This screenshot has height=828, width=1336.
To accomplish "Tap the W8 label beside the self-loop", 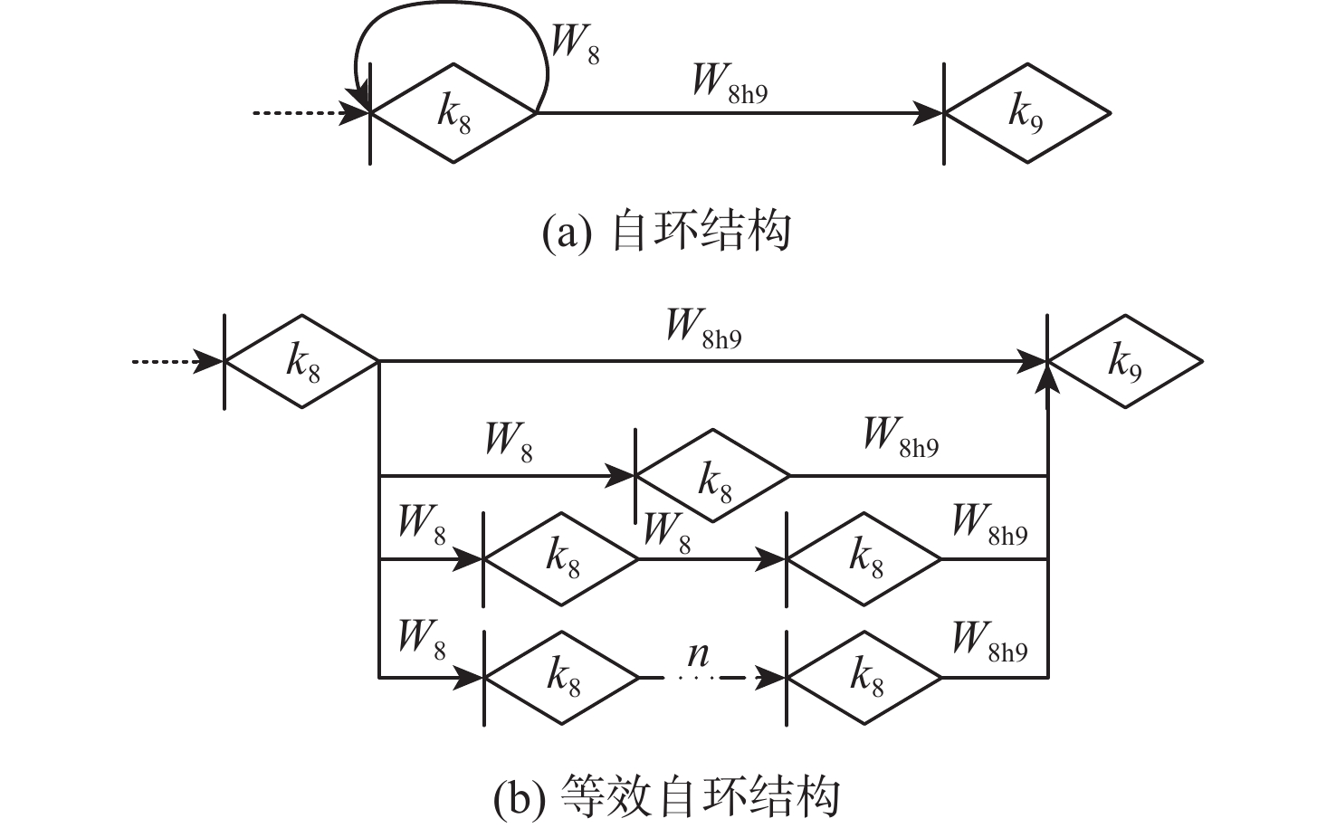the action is coord(575,44).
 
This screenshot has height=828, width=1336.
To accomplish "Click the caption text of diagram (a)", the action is coord(666,230).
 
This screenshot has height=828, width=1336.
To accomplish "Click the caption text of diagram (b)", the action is coord(667,796).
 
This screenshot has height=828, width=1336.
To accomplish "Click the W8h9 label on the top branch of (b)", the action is coord(704,329).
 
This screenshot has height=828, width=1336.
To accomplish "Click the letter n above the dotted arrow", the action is coord(699,654).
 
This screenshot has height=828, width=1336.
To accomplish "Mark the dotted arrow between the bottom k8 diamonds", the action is coord(712,678).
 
